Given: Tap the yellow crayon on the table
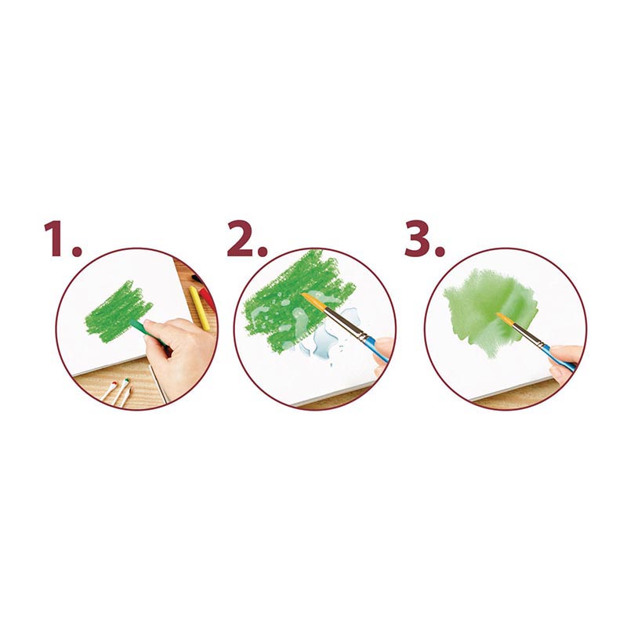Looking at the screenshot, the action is (200, 308).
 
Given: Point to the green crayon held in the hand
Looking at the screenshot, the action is (147, 332).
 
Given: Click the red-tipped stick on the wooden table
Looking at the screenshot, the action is (109, 390).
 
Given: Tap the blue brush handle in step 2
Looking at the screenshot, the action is (377, 350).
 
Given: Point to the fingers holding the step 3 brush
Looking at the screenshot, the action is (565, 361).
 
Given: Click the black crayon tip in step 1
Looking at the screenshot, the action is (194, 277).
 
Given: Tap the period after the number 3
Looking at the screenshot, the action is (440, 251).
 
